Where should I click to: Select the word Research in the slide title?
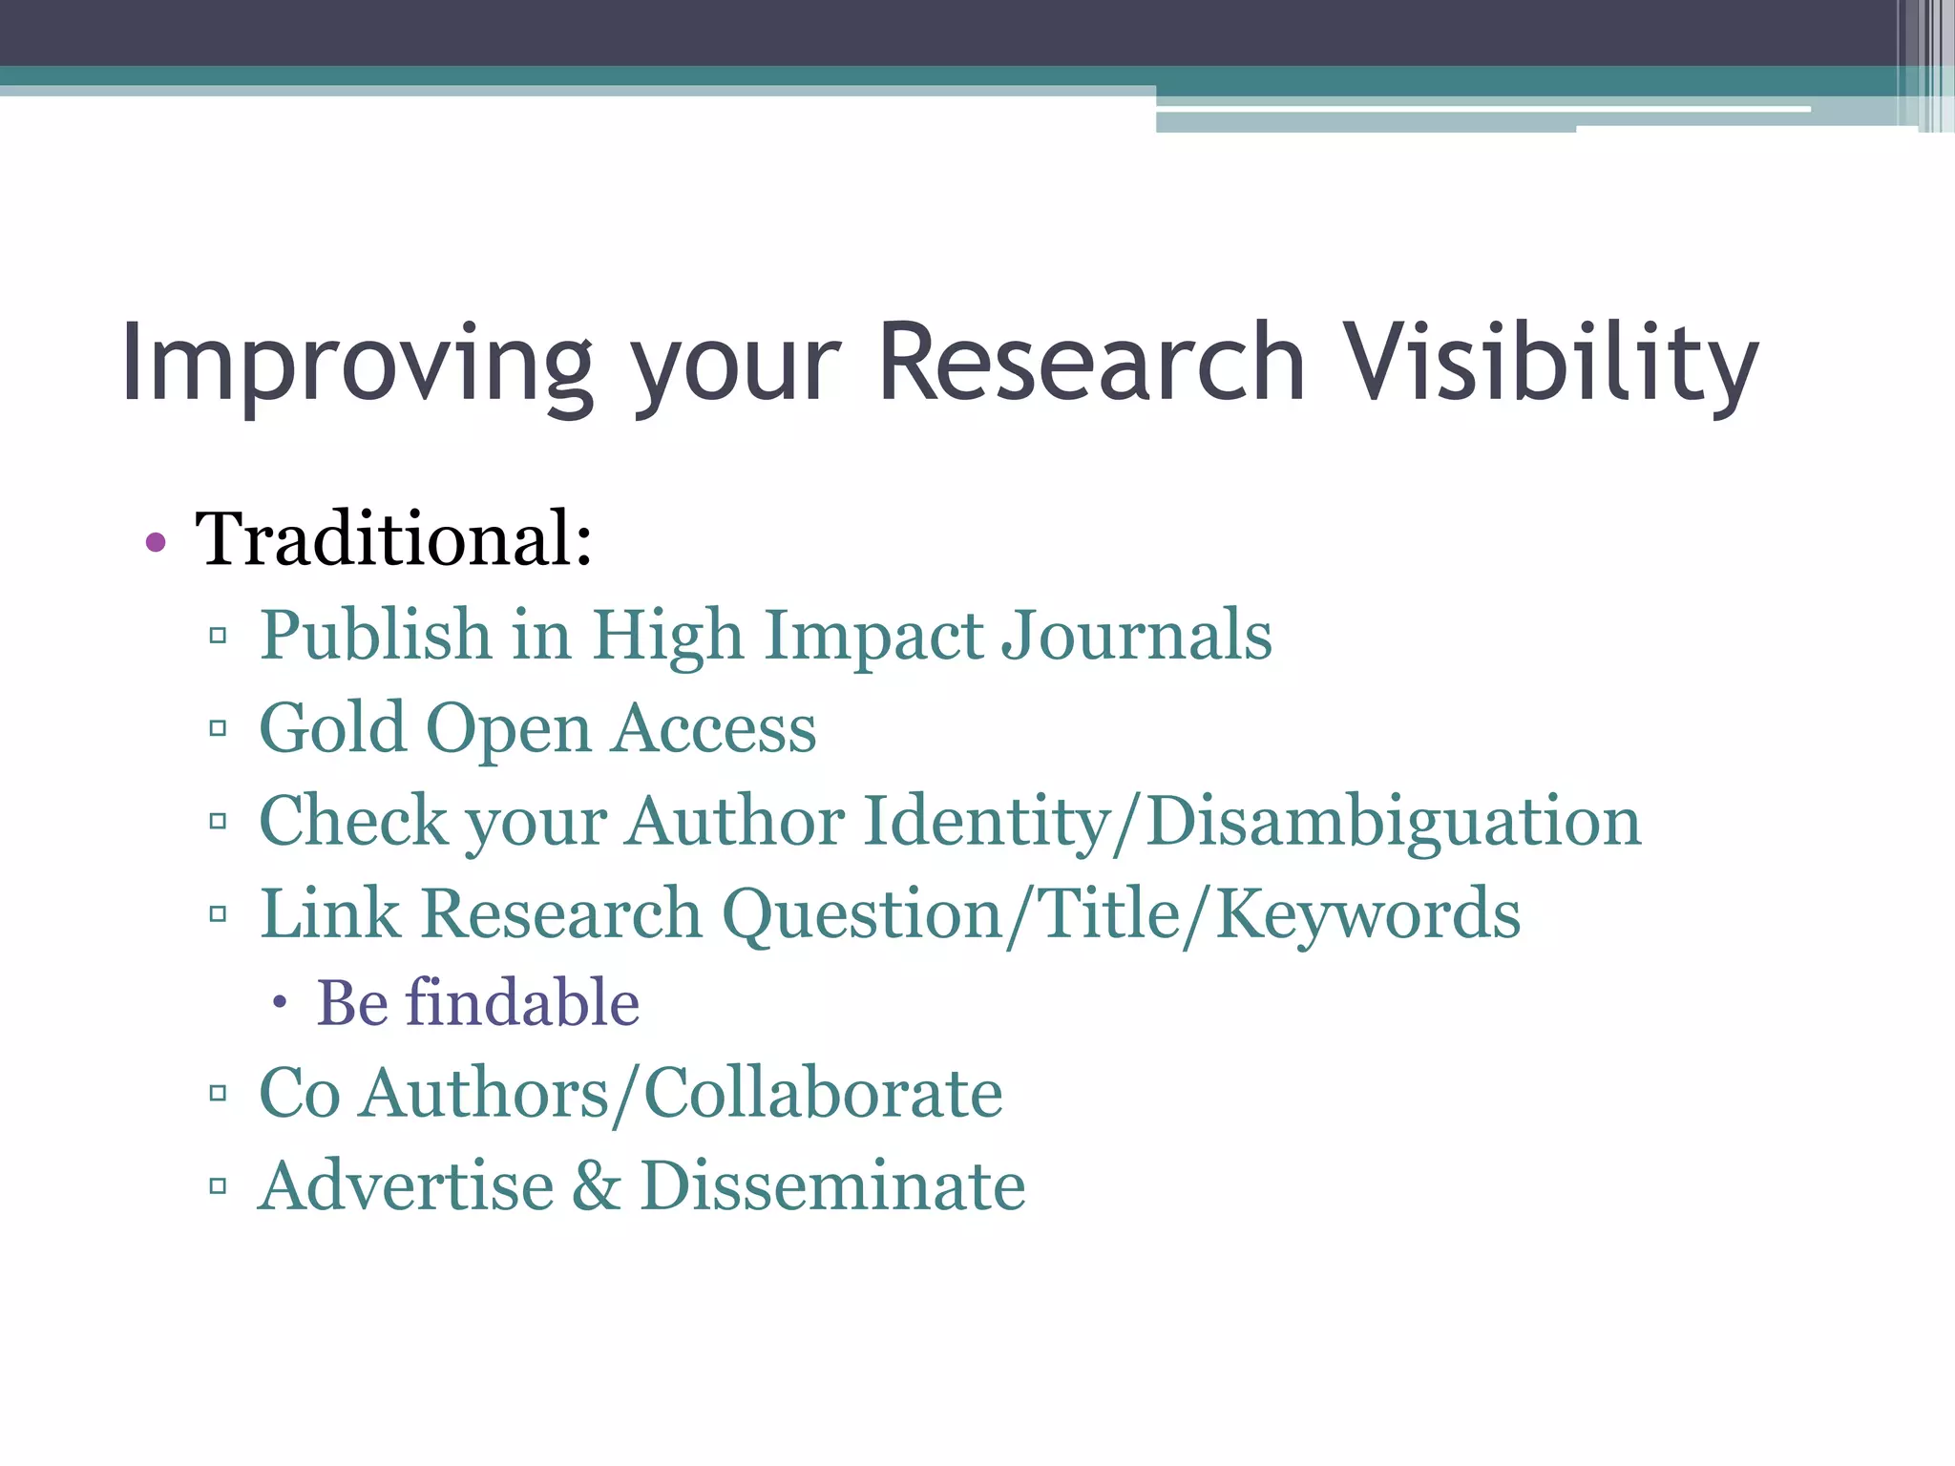pos(1090,364)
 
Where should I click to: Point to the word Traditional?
pos(394,539)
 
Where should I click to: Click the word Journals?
pos(1136,636)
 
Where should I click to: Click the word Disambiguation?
pos(1393,822)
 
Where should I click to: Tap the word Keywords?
pos(1367,914)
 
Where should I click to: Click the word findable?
pos(522,1004)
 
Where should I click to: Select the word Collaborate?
pos(823,1094)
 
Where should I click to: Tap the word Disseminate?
pos(832,1186)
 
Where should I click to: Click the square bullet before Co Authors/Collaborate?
pos(218,1094)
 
